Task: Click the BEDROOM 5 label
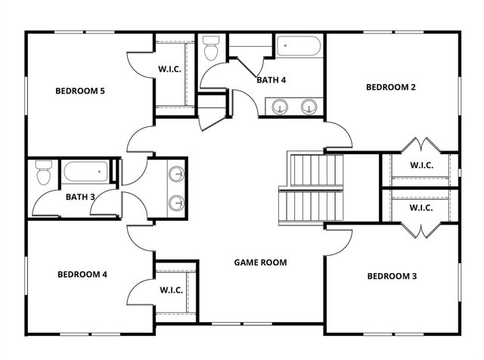click(x=79, y=92)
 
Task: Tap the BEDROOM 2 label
click(x=391, y=87)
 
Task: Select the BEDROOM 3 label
click(x=392, y=276)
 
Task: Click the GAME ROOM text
click(x=260, y=262)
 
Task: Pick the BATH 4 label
click(x=271, y=79)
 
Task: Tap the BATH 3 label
click(x=79, y=197)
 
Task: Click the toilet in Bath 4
click(x=211, y=49)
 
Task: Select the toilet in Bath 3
click(x=43, y=175)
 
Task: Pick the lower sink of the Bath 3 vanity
click(x=176, y=203)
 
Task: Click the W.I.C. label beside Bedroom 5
click(x=169, y=69)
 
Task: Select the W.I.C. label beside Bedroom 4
click(x=170, y=290)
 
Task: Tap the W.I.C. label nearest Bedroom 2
click(x=420, y=165)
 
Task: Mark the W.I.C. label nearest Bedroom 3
click(x=420, y=207)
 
